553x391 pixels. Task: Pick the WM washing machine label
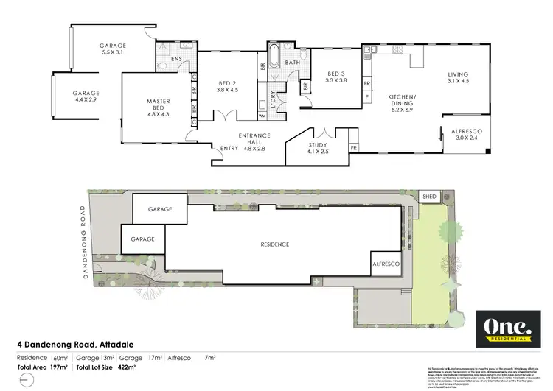(x=263, y=116)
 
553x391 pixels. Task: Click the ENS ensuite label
(x=177, y=59)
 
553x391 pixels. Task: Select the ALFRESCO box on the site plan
(x=386, y=263)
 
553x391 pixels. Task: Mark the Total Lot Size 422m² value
(x=131, y=366)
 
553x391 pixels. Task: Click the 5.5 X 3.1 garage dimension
(x=114, y=53)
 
